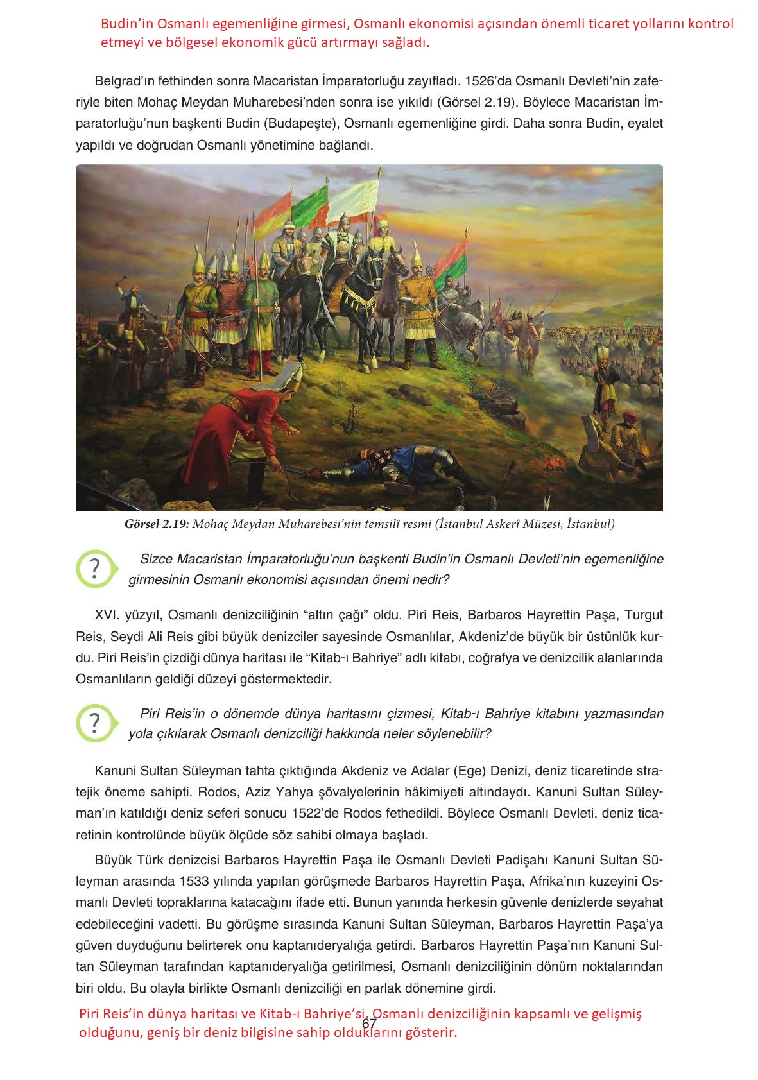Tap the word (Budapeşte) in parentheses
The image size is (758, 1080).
(x=301, y=123)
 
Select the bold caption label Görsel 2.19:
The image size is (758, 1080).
(x=157, y=524)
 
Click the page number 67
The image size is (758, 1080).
(x=369, y=1024)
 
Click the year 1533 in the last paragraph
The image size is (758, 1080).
(x=194, y=880)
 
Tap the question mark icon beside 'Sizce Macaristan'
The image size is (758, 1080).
(x=95, y=569)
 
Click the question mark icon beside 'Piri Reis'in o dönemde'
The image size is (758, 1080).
(x=95, y=723)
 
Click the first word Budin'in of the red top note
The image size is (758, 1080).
(x=127, y=24)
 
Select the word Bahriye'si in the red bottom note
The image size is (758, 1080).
(x=337, y=1014)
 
